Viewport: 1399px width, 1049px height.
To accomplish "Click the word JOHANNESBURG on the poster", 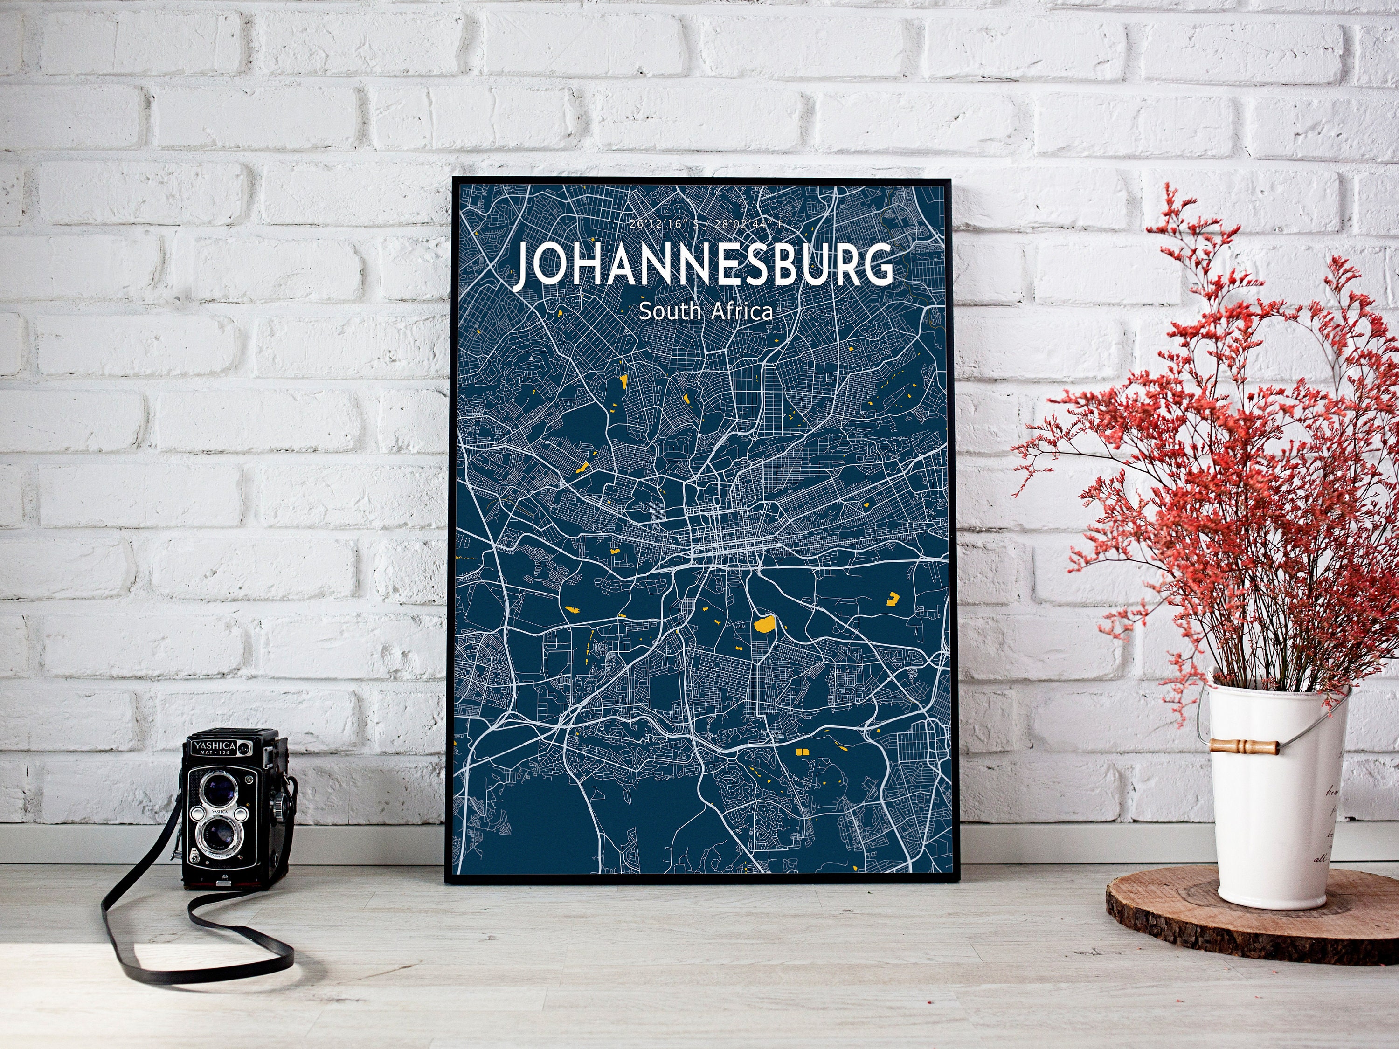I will pyautogui.click(x=704, y=266).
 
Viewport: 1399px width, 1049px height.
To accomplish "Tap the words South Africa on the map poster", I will pyautogui.click(x=705, y=312).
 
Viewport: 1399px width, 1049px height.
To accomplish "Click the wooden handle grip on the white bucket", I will pyautogui.click(x=1244, y=746).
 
